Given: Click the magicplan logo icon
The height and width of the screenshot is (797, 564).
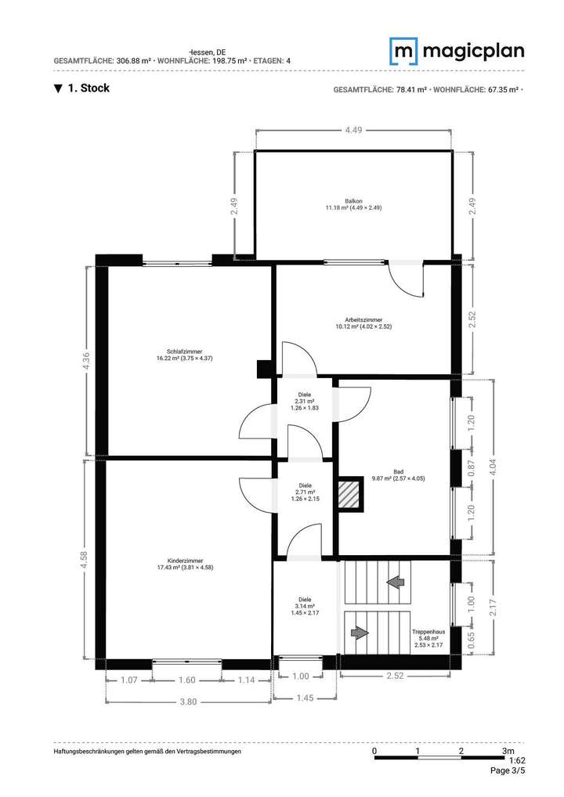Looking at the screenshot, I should tap(405, 52).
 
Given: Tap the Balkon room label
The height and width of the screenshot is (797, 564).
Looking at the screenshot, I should tap(352, 204).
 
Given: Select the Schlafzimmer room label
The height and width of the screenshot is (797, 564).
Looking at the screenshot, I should tap(184, 355).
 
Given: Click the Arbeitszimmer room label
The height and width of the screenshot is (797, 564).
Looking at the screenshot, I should tap(363, 323).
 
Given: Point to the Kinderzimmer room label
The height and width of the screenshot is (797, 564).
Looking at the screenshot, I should tap(186, 564).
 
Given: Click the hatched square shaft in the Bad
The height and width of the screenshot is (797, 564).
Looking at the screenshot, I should tap(348, 495).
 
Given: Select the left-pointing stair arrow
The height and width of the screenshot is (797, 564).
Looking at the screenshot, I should tap(395, 582).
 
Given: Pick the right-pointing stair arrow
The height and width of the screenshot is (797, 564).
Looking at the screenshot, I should tap(360, 631).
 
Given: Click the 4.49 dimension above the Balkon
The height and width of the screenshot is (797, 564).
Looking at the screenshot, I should tap(352, 131).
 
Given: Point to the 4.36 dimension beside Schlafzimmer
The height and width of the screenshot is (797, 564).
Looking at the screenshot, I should tap(87, 361).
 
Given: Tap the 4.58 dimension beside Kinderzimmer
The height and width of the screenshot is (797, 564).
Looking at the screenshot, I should tap(87, 558).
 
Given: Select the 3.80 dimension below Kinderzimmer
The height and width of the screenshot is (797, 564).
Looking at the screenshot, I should tap(187, 701).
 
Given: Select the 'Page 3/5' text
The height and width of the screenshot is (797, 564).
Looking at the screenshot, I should tap(507, 770).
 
